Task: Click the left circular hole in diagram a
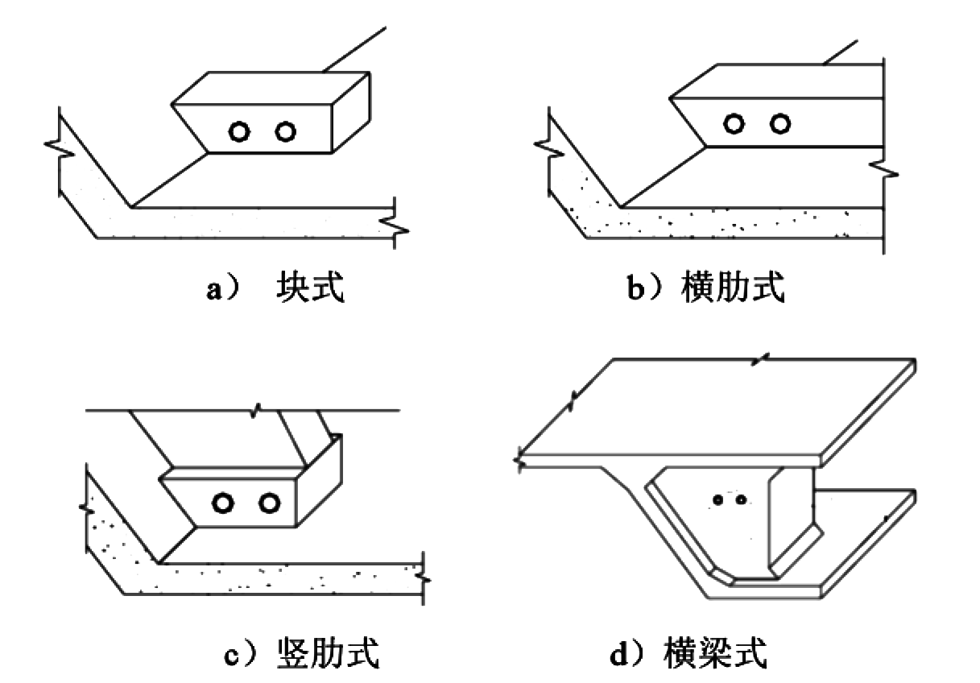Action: coord(229,132)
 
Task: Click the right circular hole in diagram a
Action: coord(276,132)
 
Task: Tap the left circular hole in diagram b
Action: coord(725,124)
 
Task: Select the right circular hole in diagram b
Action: coord(771,124)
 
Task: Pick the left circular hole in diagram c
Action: coord(213,503)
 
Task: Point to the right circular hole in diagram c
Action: coord(260,503)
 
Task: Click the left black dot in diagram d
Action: coord(718,499)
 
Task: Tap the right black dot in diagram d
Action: coord(741,499)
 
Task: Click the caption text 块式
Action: coord(310,287)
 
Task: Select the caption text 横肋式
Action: coord(733,287)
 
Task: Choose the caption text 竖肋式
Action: coord(328,653)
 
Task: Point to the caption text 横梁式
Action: coord(715,653)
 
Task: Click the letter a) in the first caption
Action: coord(223,290)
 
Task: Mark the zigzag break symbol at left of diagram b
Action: coord(548,150)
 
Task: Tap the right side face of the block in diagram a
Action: coord(351,113)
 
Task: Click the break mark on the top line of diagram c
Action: coord(255,411)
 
